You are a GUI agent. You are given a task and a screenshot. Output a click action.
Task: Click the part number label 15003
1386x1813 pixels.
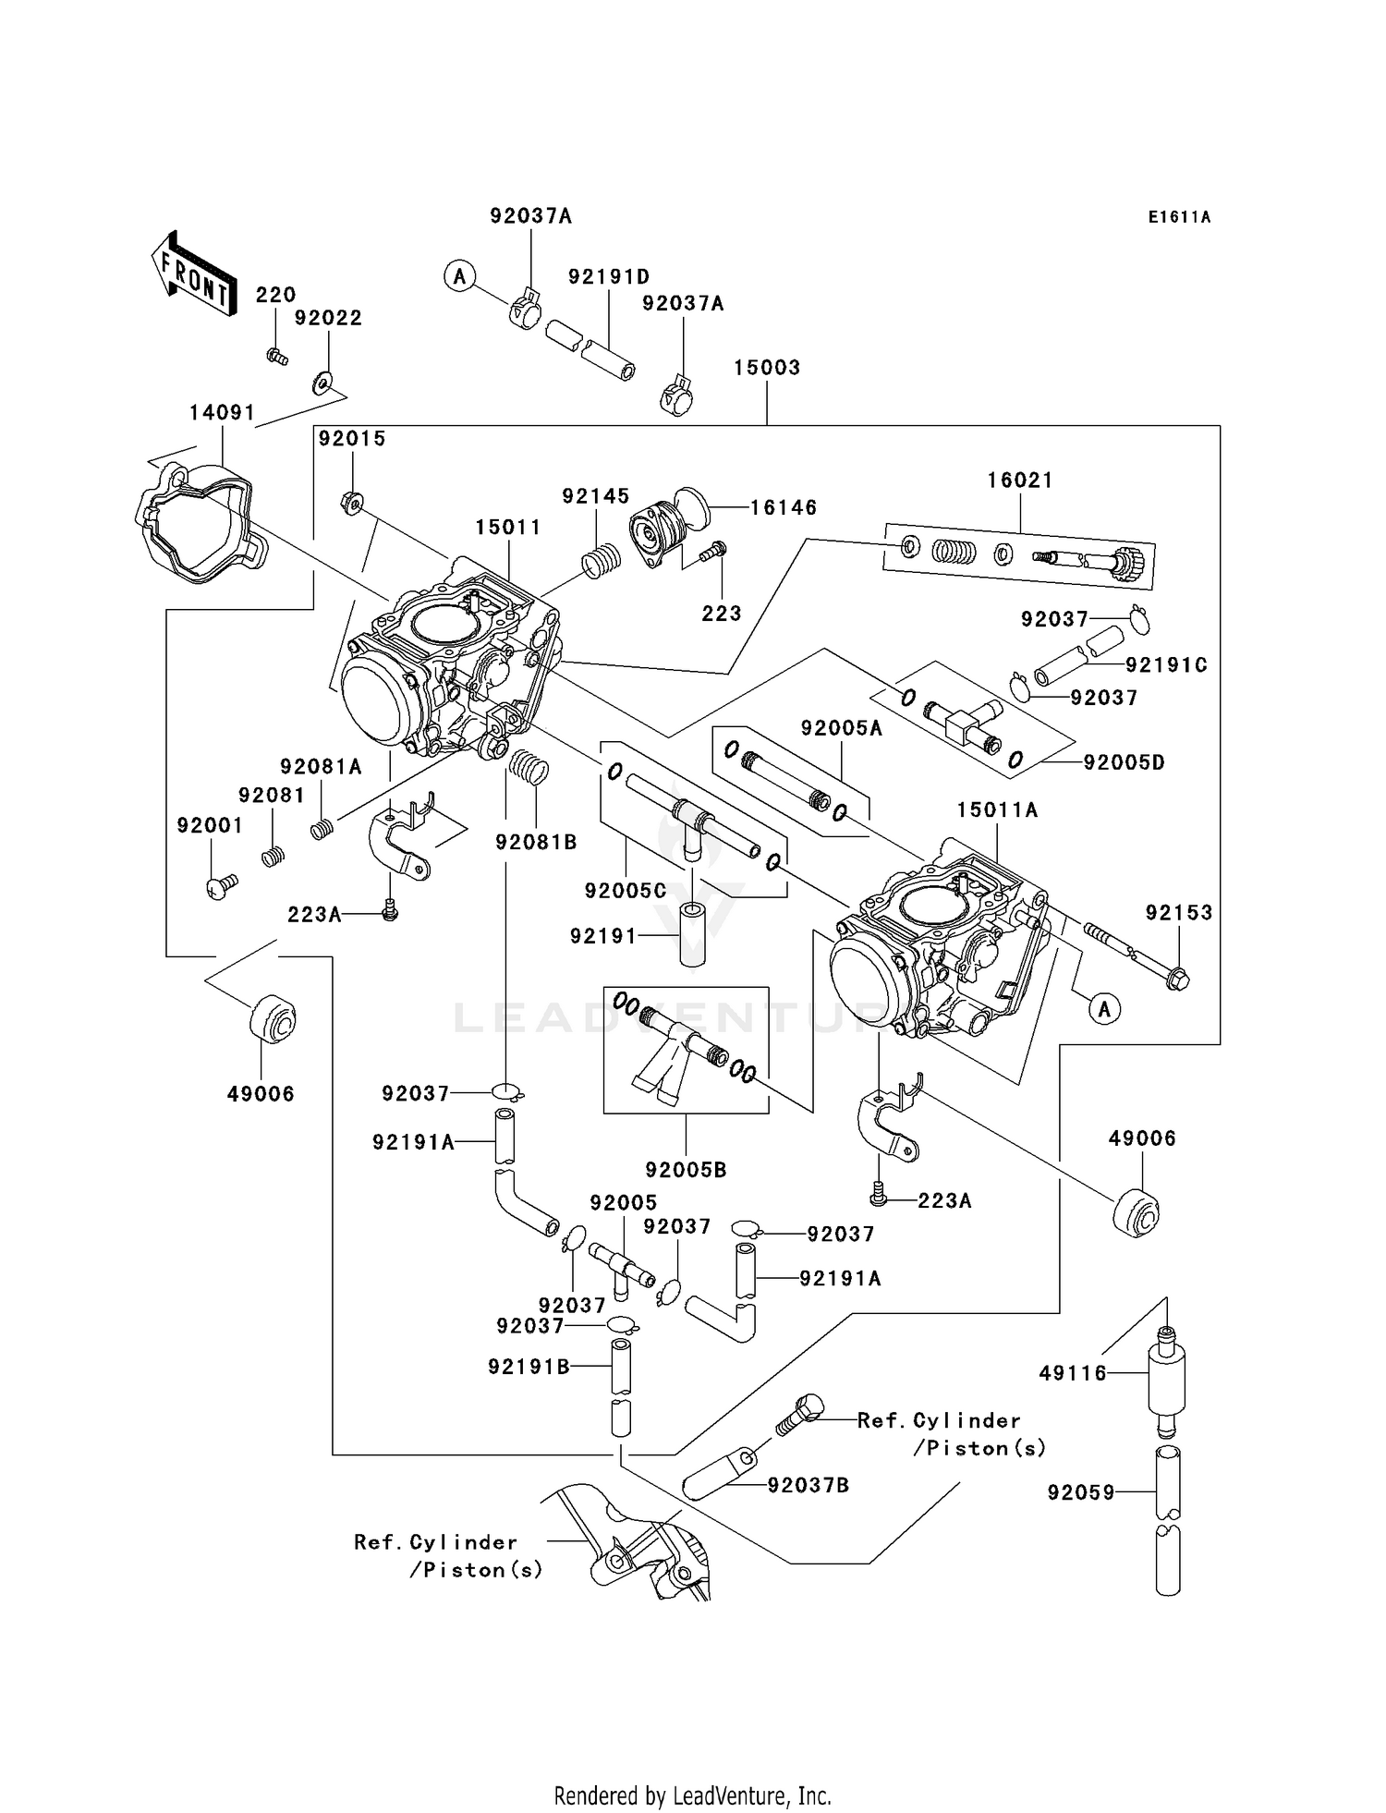coord(766,368)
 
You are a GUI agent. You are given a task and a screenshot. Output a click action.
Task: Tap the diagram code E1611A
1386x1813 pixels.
coord(1179,217)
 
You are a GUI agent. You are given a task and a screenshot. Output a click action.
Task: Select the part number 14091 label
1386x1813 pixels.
coord(222,412)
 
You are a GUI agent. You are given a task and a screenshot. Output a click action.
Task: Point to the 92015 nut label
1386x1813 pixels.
coord(351,439)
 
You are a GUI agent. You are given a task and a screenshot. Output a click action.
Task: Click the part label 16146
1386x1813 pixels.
coord(783,507)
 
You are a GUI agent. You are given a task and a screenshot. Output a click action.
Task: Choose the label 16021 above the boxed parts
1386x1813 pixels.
coord(1019,481)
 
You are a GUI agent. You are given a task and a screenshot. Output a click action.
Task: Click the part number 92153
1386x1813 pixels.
coord(1178,913)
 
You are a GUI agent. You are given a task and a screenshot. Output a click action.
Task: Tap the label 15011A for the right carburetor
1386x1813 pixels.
coord(997,810)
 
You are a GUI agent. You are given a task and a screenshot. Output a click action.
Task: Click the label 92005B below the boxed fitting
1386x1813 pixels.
coord(686,1170)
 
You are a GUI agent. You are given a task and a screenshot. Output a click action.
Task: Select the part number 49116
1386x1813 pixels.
coord(1072,1374)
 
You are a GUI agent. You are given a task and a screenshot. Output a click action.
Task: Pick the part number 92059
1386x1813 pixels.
coord(1081,1492)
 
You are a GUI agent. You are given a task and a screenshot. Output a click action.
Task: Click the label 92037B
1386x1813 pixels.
coord(808,1485)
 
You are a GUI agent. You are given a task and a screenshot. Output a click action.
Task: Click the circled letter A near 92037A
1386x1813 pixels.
coord(459,276)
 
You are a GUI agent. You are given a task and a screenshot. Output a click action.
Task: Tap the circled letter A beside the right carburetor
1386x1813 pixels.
coord(1104,1009)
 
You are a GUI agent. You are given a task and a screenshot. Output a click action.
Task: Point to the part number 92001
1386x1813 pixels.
coord(210,826)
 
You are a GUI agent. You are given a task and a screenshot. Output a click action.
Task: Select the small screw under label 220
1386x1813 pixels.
coord(276,356)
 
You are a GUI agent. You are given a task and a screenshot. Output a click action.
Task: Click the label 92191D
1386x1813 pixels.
coord(608,277)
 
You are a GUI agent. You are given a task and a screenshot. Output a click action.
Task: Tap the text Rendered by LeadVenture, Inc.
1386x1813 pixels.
coord(692,1795)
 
